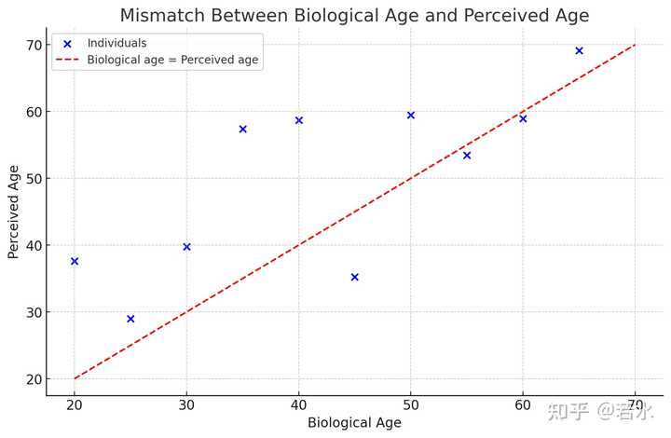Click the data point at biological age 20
coord(75,261)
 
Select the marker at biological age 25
coord(130,319)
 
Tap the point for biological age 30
coord(186,247)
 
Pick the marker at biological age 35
coord(242,129)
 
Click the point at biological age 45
coord(355,277)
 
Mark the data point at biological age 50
coord(411,115)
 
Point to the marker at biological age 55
coord(467,156)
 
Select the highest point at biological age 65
coord(579,51)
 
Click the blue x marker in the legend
coord(67,44)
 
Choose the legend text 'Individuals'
coord(116,43)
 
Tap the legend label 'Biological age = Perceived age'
coord(173,60)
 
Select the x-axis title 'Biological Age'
coord(354,422)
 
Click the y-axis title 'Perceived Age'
coord(13,212)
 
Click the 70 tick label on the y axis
coord(34,45)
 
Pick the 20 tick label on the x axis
coord(75,404)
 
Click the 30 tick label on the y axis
coord(34,312)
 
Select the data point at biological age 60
coord(523,118)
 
